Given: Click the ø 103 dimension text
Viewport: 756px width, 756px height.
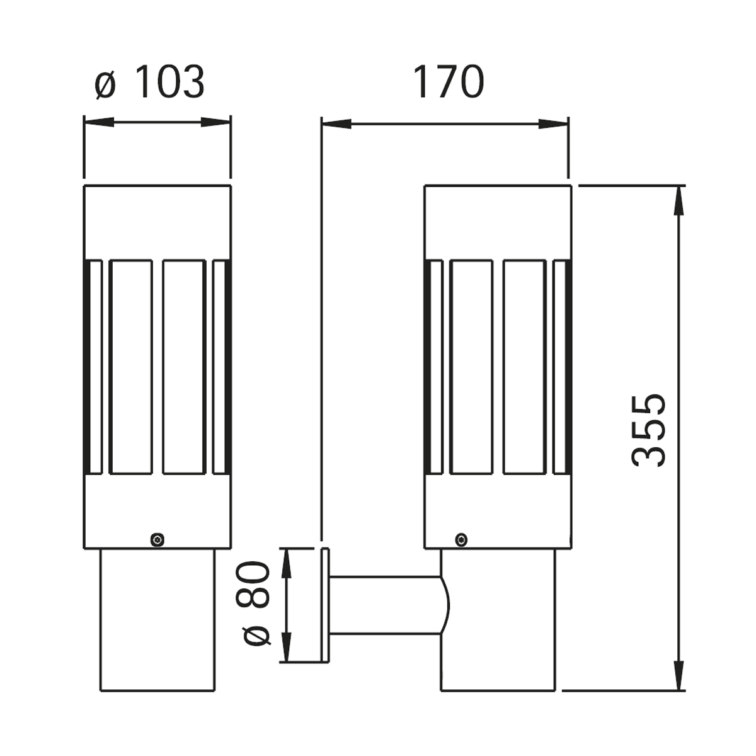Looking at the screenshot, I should [150, 82].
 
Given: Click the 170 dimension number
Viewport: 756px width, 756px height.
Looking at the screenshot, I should [448, 82].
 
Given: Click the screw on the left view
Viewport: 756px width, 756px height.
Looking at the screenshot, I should [157, 539].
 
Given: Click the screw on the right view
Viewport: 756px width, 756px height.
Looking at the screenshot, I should [462, 539].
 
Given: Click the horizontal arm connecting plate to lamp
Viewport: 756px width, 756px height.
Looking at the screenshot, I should [384, 605].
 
